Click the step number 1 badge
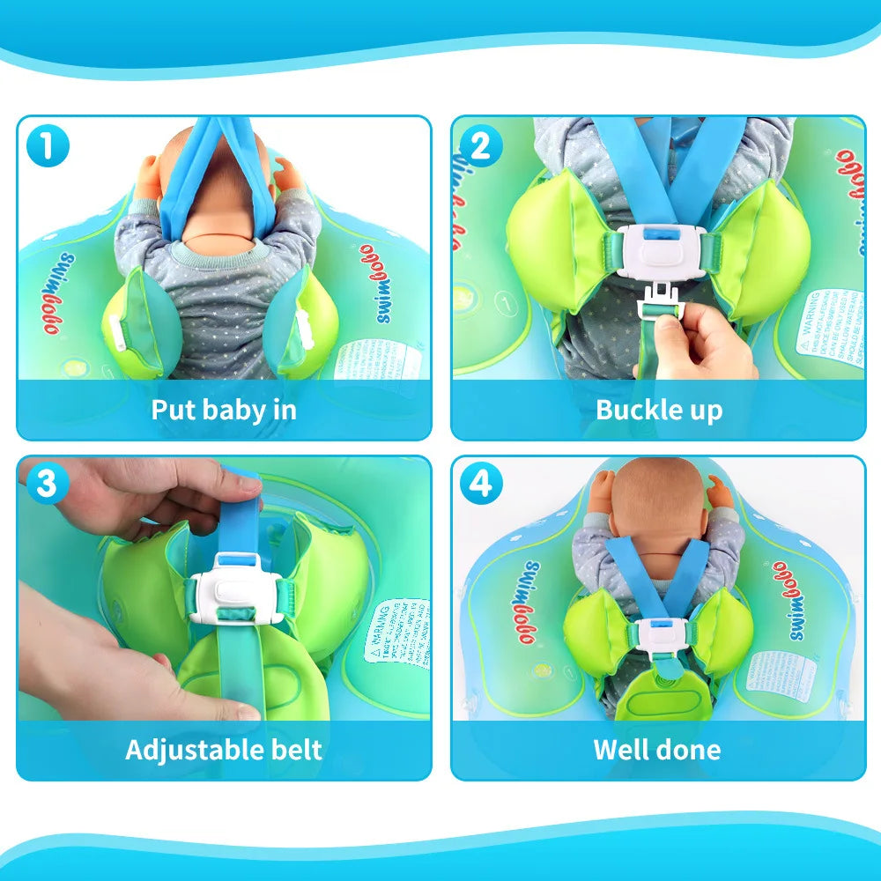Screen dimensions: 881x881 [49, 146]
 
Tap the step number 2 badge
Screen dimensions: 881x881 [481, 146]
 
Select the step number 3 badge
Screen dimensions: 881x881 [49, 484]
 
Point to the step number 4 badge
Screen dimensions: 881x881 [481, 484]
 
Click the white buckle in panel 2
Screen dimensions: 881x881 [659, 255]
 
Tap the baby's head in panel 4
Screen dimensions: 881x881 [656, 498]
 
